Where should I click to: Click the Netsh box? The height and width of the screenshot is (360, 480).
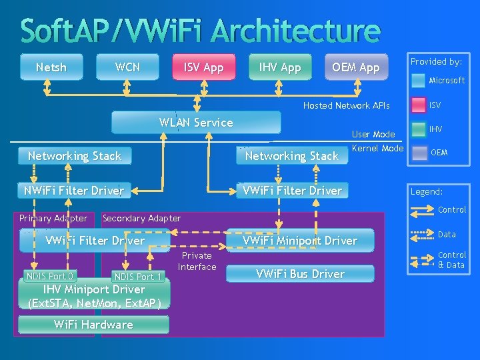pos(51,67)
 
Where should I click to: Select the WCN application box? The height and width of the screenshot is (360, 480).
pos(127,67)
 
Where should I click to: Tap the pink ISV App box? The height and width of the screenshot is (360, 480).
pos(204,67)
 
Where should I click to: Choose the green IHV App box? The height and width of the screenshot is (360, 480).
pos(280,67)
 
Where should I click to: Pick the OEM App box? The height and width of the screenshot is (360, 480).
pos(356,67)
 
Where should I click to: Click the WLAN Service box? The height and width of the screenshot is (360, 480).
pos(196,123)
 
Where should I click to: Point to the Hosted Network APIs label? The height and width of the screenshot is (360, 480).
pos(346,105)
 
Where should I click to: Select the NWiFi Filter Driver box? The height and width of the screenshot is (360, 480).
pos(73,191)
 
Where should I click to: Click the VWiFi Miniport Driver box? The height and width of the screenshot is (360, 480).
pos(299,241)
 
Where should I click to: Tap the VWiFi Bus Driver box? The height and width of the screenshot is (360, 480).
pos(299,274)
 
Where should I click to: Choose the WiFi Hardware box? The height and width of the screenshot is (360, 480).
pos(93,325)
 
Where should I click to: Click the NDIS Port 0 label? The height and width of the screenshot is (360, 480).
pos(50,276)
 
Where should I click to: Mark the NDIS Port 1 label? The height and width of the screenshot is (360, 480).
pos(138,277)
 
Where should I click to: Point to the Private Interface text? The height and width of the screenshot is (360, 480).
pos(197,261)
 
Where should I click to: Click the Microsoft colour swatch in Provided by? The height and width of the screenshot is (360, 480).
pos(418,81)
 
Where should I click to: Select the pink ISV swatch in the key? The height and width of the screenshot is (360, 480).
pos(418,105)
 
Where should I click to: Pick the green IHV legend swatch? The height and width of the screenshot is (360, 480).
pos(418,129)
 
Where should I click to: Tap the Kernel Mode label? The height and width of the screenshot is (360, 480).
pos(377,148)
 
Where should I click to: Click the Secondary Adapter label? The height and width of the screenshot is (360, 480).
pos(141,218)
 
